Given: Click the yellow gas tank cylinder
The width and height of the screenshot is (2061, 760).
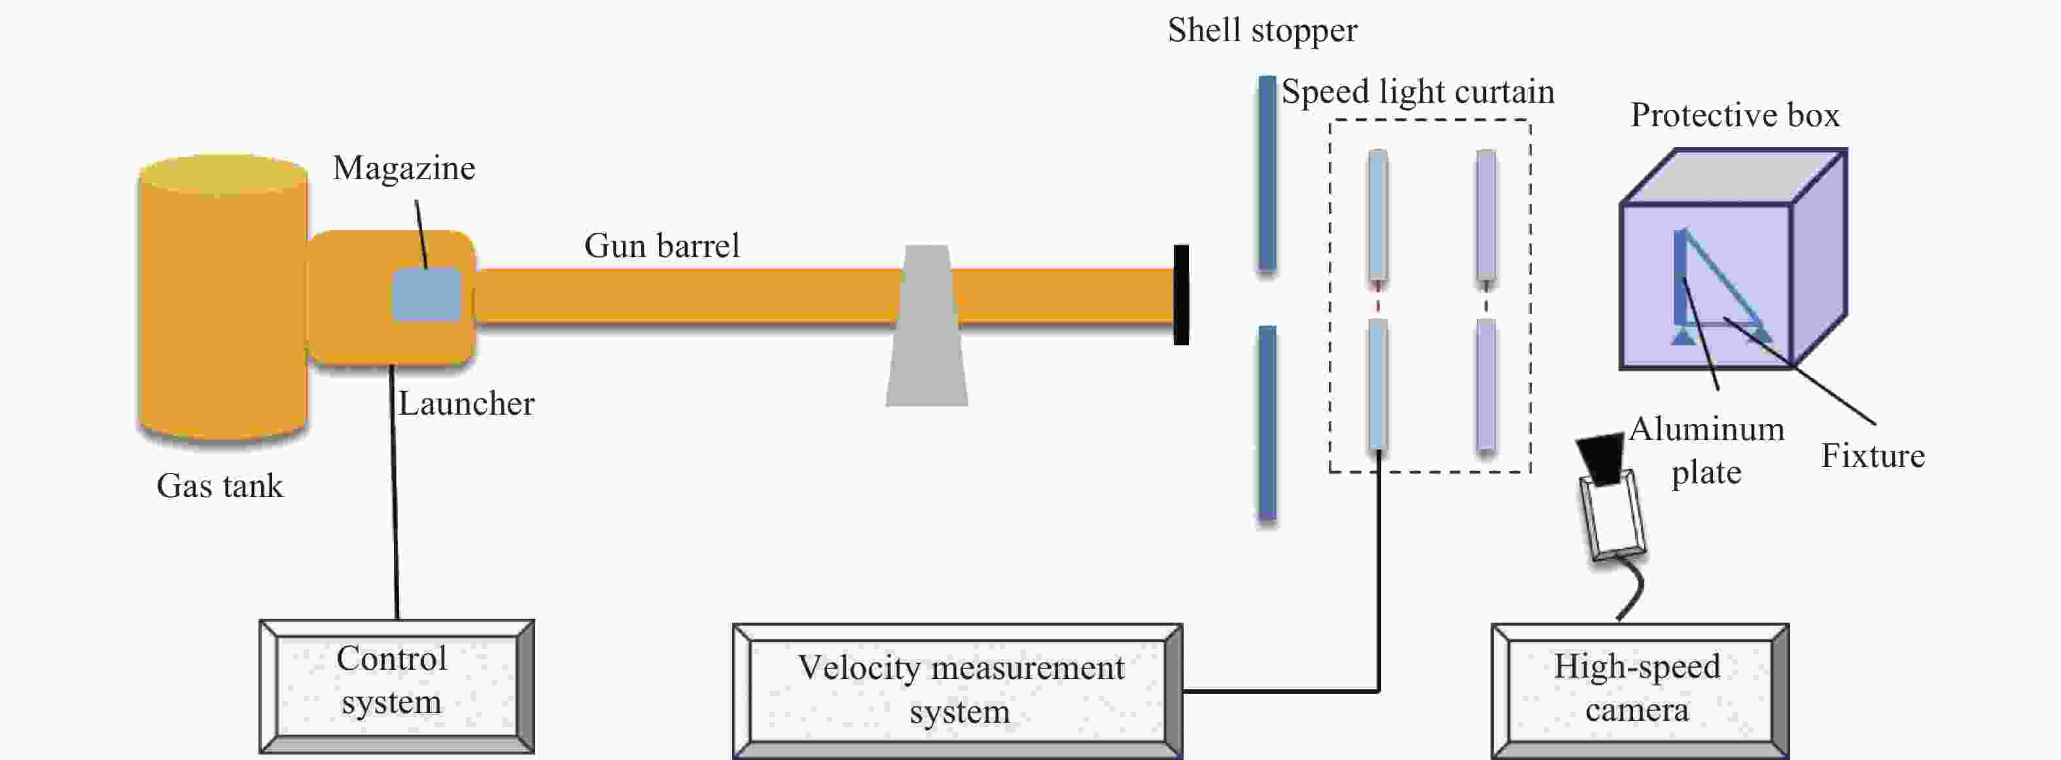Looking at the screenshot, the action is [224, 298].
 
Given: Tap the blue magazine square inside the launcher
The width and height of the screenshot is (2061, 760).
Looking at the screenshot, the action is [427, 295].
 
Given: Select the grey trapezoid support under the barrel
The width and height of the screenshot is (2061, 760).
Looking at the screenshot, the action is [926, 326].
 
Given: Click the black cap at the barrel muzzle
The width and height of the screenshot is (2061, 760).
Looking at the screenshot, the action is [1181, 295].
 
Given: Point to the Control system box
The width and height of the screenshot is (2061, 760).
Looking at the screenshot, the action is [397, 686].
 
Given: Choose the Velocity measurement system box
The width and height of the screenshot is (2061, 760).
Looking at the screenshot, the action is [958, 691].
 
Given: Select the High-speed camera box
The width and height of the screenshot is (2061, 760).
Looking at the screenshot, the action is [1640, 691].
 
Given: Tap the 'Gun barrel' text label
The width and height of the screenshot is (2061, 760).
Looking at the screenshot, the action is [661, 246].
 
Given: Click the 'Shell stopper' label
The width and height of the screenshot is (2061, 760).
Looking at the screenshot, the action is [1261, 30].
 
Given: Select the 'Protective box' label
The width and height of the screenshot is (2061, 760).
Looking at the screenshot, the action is [1735, 115].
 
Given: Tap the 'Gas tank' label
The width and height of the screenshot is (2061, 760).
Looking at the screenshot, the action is [220, 485].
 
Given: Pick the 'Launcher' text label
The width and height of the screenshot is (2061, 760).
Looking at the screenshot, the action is [467, 403].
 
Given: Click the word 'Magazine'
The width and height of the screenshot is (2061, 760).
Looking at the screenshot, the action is [404, 169].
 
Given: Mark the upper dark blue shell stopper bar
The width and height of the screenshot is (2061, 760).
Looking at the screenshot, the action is [1267, 173].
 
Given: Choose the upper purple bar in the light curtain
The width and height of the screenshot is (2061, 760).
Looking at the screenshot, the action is [1486, 216].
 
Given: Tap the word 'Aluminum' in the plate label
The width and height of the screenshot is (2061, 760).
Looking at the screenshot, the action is [1706, 430].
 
